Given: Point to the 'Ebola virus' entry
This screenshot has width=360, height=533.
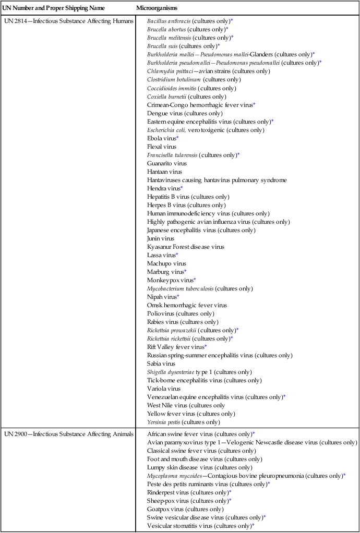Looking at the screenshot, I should (162, 138).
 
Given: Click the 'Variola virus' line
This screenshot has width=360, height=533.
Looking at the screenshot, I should (164, 389).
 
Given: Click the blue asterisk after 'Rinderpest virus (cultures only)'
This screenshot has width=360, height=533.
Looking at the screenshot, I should (230, 492).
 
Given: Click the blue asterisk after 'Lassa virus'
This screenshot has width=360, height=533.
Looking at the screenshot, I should (177, 255).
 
